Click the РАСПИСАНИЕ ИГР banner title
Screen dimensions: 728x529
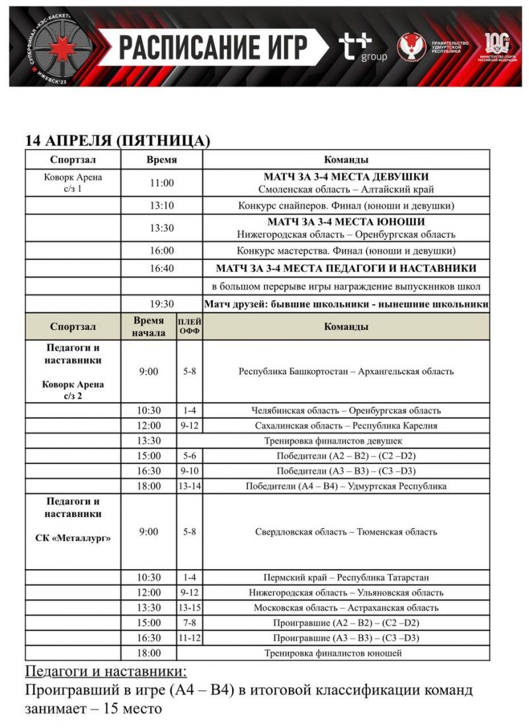[x=214, y=48]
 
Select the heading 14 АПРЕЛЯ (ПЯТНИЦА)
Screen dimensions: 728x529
[x=118, y=141]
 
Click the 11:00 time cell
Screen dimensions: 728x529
[x=161, y=183]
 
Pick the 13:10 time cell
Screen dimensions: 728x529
[x=161, y=206]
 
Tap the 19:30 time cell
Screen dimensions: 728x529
[x=161, y=304]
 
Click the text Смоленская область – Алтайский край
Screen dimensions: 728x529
[x=346, y=190]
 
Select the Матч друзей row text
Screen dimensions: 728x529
[x=346, y=304]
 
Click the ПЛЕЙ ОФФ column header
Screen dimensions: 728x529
[x=190, y=327]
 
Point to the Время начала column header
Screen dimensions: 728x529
[x=148, y=327]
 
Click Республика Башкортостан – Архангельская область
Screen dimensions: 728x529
[x=346, y=372]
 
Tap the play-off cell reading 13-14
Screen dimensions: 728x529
[x=190, y=486]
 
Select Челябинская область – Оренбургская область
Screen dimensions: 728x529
[x=346, y=411]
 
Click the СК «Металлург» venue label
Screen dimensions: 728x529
[x=73, y=538]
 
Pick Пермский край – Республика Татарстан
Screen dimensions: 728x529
[x=346, y=577]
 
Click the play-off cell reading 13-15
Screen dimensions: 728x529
[x=190, y=608]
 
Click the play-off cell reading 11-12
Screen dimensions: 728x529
[x=190, y=638]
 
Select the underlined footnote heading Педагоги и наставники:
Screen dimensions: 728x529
[x=106, y=672]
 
